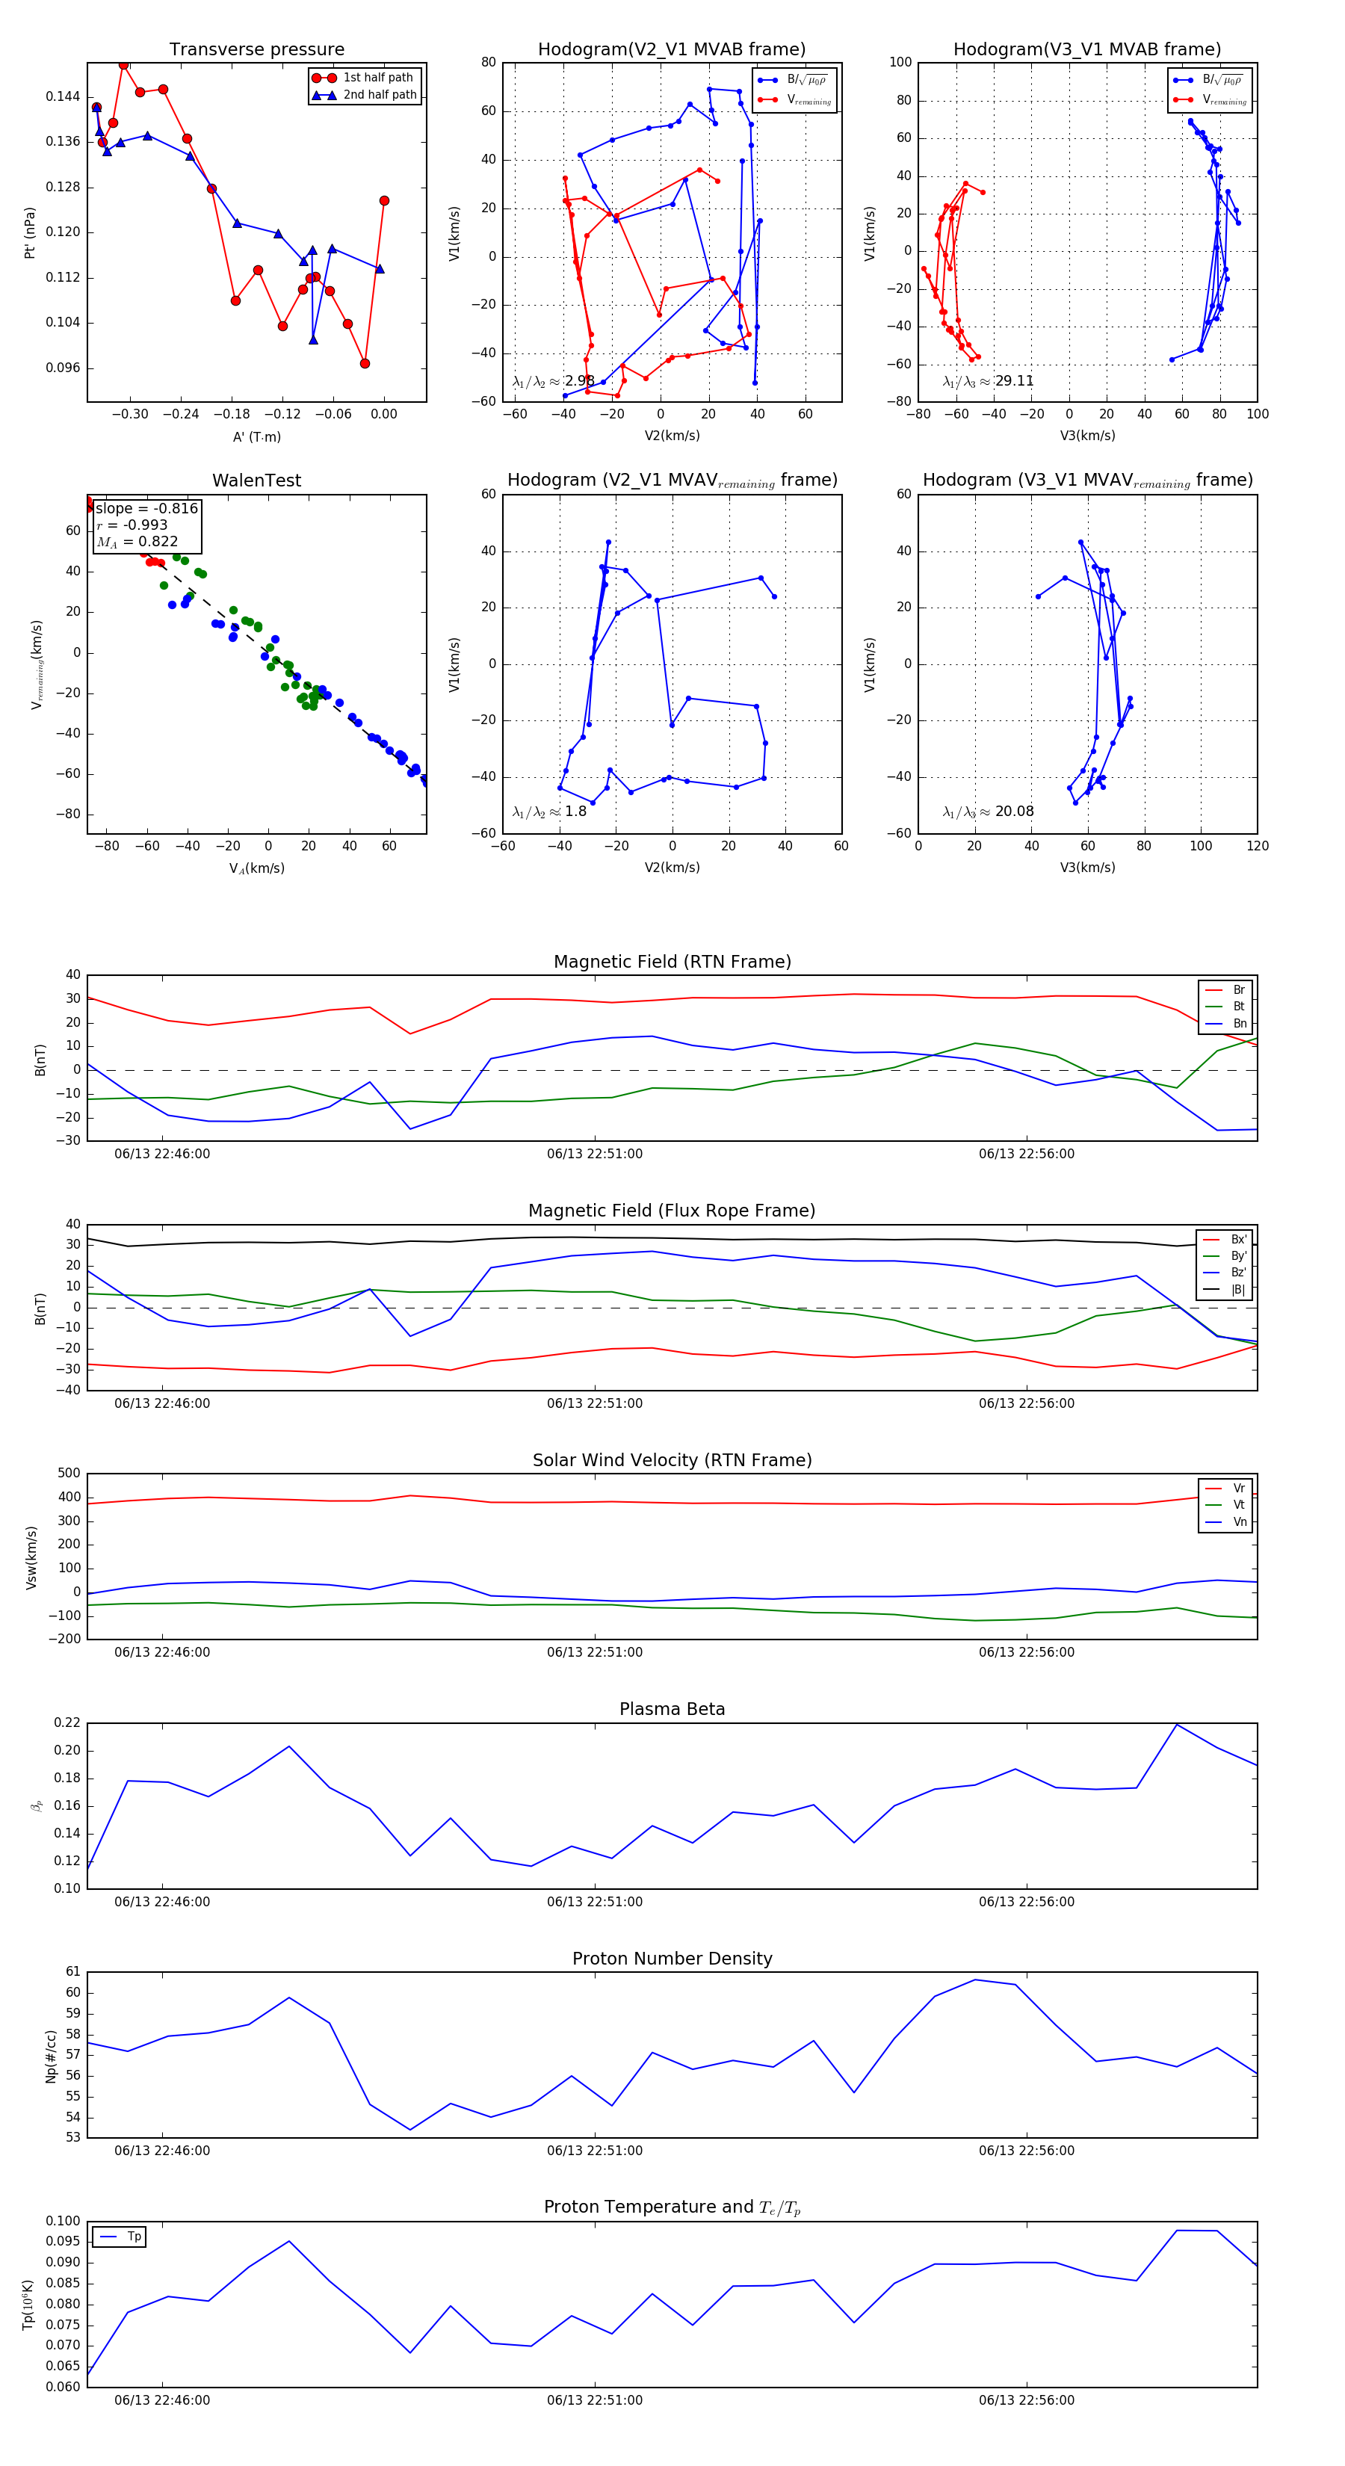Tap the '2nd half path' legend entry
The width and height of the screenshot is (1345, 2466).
379,95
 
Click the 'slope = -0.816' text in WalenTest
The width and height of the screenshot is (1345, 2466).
146,508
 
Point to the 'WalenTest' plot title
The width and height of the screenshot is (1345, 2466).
256,480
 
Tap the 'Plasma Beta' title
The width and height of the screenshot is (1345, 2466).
672,1709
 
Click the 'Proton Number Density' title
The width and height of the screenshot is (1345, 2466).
672,1959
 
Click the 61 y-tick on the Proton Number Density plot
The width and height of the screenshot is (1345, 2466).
72,1972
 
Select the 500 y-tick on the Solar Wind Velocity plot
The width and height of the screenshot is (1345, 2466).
69,1474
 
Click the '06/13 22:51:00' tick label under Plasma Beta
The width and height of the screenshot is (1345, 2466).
595,1902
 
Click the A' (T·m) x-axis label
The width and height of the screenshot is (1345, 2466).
256,437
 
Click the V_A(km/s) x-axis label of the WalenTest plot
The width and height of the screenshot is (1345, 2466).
256,868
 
